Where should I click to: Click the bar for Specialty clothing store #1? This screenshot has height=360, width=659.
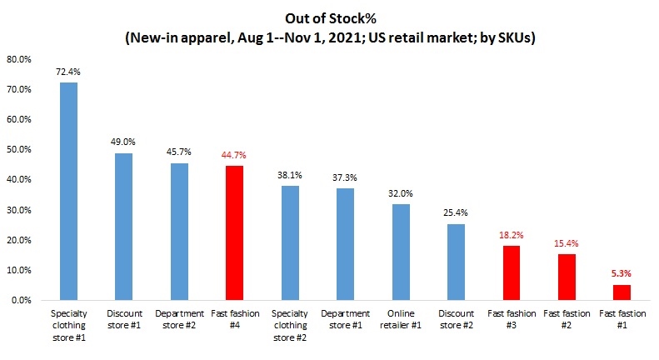68,191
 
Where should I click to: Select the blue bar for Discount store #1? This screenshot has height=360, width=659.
123,226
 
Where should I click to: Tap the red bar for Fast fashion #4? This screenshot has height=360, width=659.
234,232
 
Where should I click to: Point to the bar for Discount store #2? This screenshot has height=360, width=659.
456,262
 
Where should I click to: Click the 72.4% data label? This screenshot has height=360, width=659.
68,72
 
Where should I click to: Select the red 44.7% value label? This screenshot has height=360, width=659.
234,155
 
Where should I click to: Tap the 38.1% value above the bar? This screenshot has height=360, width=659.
290,175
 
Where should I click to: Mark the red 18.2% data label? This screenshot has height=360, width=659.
512,235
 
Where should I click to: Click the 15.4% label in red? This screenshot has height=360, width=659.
567,243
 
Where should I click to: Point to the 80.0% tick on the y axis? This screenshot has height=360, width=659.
20,59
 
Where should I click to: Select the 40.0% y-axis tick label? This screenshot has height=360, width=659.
20,179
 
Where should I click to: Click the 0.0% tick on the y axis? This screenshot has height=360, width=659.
22,300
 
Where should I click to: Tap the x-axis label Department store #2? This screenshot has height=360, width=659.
179,319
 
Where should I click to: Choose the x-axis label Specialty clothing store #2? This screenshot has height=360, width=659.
290,325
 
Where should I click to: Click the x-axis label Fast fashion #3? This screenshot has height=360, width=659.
512,319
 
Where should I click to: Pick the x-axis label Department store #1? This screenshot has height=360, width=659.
345,319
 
